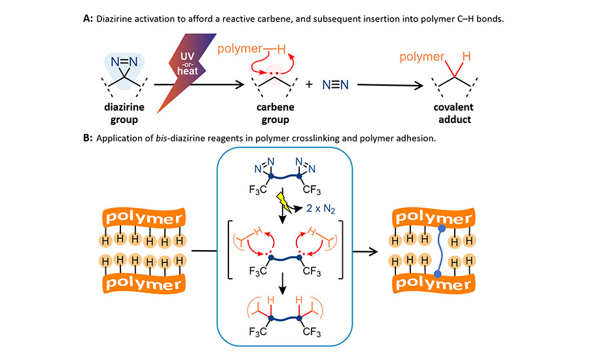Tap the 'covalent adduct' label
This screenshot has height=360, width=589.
[x=455, y=115]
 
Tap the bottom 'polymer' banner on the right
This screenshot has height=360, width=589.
[x=436, y=285]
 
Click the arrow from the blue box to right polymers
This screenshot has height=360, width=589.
[x=366, y=251]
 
